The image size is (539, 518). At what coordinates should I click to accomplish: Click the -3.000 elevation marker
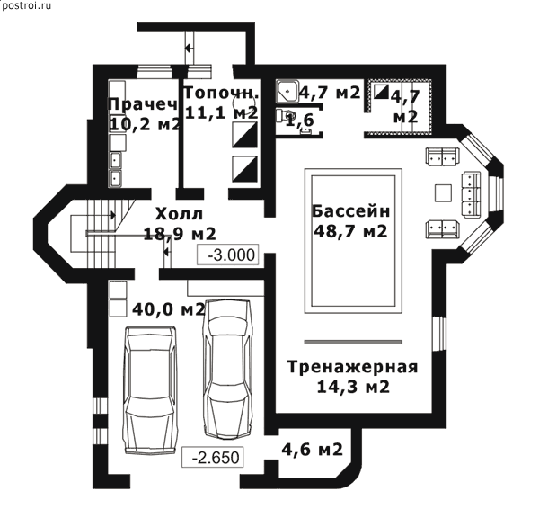pyautogui.click(x=227, y=255)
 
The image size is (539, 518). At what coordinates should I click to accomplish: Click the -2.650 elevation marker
pyautogui.click(x=212, y=457)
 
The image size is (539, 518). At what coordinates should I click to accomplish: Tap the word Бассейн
pyautogui.click(x=350, y=211)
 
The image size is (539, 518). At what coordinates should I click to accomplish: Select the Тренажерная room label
pyautogui.click(x=353, y=367)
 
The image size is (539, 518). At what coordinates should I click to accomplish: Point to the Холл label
pyautogui.click(x=179, y=214)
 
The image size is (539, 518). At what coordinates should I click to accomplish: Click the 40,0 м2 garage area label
pyautogui.click(x=169, y=309)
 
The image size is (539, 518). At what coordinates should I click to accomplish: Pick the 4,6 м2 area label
pyautogui.click(x=312, y=449)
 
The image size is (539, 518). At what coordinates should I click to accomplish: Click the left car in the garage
pyautogui.click(x=151, y=389)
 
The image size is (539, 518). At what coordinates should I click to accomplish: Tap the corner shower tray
pyautogui.click(x=287, y=91)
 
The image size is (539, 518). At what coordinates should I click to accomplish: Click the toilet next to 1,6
pyautogui.click(x=284, y=116)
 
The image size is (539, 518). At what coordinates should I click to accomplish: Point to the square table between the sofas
pyautogui.click(x=443, y=193)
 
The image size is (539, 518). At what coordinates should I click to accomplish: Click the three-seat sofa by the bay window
pyautogui.click(x=471, y=195)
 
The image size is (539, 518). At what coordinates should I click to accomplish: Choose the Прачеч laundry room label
pyautogui.click(x=143, y=103)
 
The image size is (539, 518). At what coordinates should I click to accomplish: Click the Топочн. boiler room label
pyautogui.click(x=222, y=93)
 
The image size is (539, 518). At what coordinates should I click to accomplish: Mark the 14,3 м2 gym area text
pyautogui.click(x=353, y=388)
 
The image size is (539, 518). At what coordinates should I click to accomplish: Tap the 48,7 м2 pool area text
pyautogui.click(x=350, y=231)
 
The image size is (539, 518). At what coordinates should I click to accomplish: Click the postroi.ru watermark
pyautogui.click(x=26, y=6)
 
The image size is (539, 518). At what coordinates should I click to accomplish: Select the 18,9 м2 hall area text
pyautogui.click(x=180, y=234)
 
